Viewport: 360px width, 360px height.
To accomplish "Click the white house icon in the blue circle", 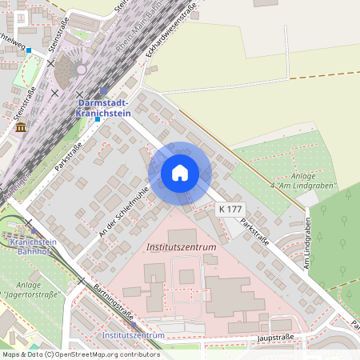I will [179, 173].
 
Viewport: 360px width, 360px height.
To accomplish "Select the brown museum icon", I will [21, 127].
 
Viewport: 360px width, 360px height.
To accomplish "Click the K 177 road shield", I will [230, 209].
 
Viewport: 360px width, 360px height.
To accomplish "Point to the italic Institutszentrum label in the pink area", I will [182, 247].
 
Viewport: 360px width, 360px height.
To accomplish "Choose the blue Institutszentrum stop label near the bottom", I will [134, 334].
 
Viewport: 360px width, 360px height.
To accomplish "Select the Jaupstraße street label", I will [273, 338].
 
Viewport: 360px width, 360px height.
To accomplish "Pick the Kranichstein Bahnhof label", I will [33, 246].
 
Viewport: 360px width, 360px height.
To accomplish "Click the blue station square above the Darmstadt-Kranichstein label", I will [104, 91].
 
